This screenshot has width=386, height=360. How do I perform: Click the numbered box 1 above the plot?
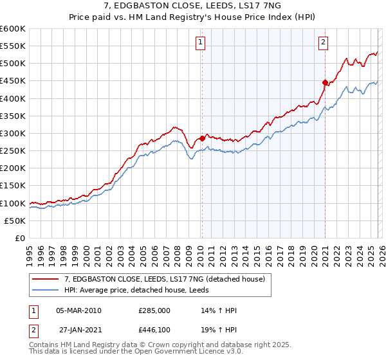pos(201,42)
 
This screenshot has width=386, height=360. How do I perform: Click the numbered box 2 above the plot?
pos(323,42)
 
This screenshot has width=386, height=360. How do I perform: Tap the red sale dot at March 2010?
pos(202,138)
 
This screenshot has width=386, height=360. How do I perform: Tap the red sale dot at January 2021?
pos(326,82)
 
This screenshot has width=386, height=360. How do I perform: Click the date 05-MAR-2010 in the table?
pos(78,310)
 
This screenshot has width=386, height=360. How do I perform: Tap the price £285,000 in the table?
pos(154,310)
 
